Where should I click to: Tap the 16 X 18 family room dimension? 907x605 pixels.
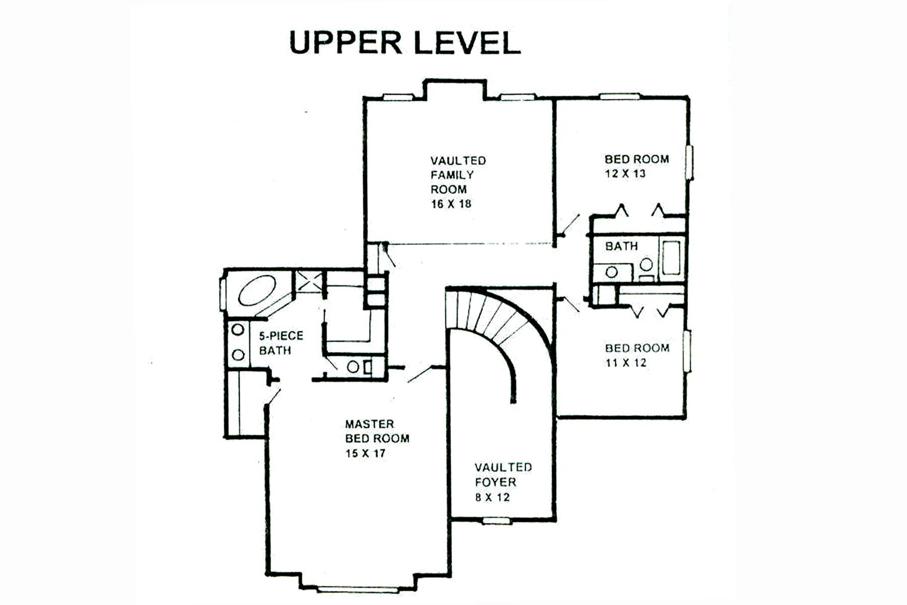tap(451, 204)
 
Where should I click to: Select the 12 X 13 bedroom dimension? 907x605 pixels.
tap(625, 174)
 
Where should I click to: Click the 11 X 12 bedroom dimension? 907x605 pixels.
tap(625, 363)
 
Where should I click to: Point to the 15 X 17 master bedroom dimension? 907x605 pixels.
tap(365, 453)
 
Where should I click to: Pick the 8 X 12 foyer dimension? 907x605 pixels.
tap(492, 498)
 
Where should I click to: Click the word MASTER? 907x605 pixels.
tap(369, 424)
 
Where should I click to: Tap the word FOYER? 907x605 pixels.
tap(495, 482)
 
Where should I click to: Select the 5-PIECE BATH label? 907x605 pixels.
tap(281, 343)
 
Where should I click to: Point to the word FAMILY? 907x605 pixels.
tap(452, 175)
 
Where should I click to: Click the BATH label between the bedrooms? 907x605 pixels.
tap(621, 247)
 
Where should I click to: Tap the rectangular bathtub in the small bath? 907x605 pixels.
tap(671, 258)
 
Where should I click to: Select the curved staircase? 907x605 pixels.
tap(496, 323)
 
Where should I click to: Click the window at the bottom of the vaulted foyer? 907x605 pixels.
tap(498, 521)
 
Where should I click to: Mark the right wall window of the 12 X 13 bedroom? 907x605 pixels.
tap(691, 162)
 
